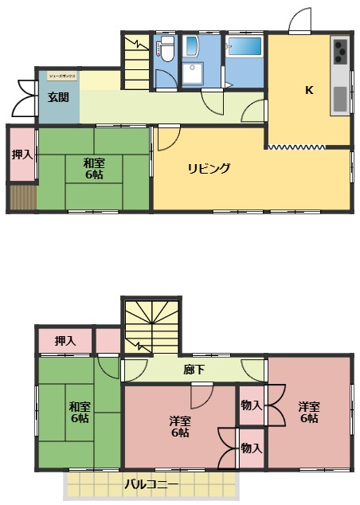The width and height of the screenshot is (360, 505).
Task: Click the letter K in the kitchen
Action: point(308,89)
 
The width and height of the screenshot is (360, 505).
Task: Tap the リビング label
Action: point(209,168)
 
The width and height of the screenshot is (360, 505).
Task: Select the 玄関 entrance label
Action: point(57,97)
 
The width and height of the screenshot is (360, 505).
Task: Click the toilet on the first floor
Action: point(166,50)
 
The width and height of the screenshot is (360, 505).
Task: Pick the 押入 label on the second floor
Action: point(65,341)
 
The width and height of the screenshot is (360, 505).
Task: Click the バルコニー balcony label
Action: point(151,483)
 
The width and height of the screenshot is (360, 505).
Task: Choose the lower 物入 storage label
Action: point(251,448)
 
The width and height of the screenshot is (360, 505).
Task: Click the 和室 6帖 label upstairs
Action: point(79,412)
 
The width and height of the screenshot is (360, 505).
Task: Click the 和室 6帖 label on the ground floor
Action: point(95,168)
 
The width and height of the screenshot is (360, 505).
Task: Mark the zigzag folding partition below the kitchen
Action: point(296,147)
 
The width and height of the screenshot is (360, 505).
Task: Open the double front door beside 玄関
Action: point(22,96)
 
